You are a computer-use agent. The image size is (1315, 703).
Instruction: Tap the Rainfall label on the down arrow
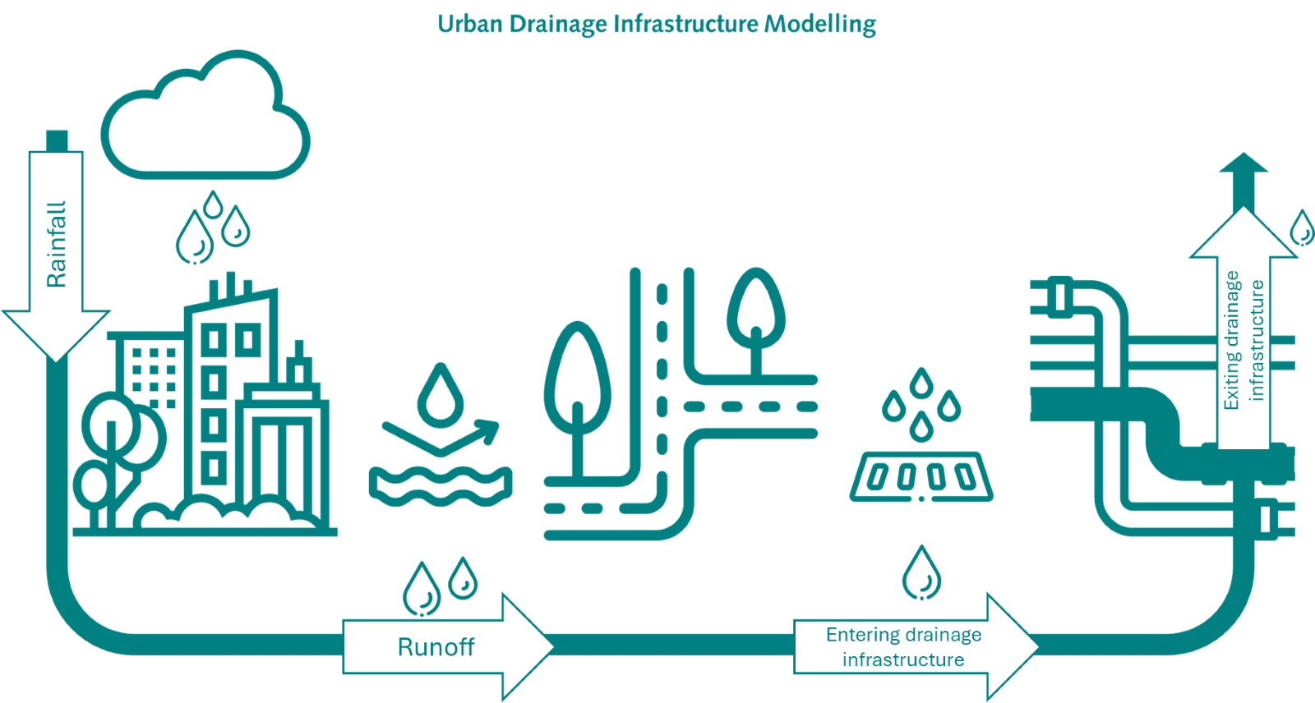56,244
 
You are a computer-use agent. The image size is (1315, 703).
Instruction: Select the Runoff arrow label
436,647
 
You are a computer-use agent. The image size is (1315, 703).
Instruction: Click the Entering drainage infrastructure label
903,647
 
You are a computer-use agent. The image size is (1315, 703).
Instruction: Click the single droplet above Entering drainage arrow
921,572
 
